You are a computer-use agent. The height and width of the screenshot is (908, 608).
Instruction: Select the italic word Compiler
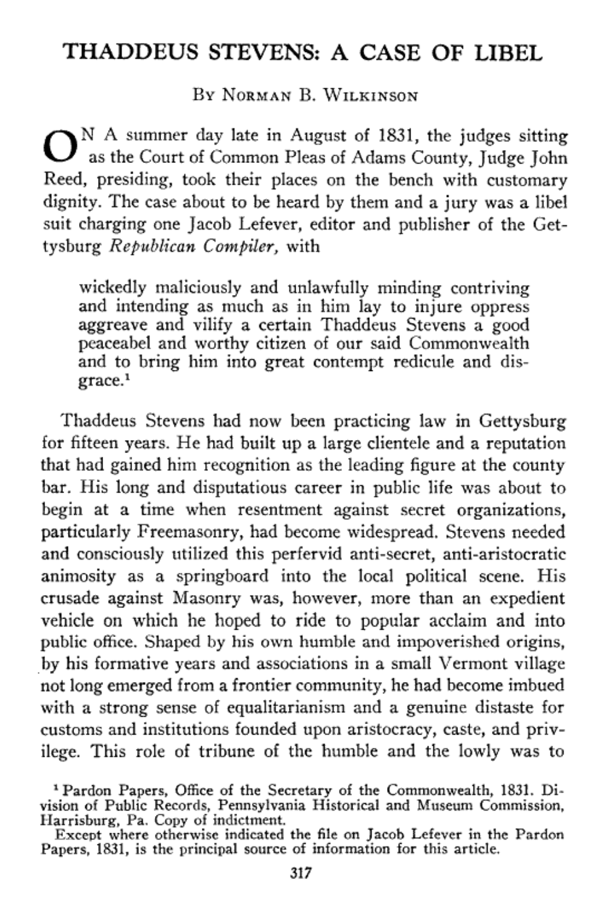[x=243, y=247]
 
